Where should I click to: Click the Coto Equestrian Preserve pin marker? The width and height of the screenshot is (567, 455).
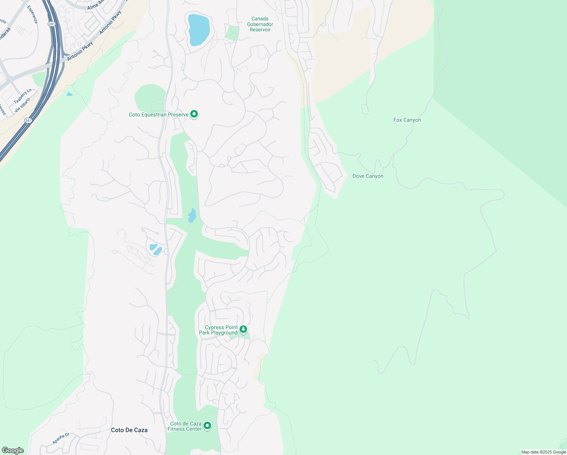(194, 114)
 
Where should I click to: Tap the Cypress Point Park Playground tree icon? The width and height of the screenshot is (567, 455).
(243, 329)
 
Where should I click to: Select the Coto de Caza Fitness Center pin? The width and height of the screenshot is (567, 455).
(207, 426)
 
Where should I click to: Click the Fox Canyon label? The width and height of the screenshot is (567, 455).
(407, 120)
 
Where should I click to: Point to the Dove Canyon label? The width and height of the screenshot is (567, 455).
(368, 176)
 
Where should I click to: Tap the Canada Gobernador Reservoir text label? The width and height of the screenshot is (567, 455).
(260, 24)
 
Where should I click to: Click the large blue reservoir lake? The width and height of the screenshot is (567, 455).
(198, 30)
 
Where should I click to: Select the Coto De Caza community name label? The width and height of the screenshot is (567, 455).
(129, 430)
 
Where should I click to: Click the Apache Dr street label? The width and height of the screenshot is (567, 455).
(61, 438)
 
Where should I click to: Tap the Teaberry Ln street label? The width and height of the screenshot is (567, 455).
(23, 96)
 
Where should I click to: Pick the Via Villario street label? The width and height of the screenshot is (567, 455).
(22, 105)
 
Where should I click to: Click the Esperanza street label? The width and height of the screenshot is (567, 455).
(33, 14)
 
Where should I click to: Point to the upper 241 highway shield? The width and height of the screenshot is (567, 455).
(52, 24)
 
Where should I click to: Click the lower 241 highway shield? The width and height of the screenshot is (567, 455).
(28, 120)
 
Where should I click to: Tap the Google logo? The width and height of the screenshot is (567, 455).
(13, 450)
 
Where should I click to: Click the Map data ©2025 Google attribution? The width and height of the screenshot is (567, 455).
(544, 452)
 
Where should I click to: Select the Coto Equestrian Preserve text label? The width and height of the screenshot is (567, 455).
(158, 115)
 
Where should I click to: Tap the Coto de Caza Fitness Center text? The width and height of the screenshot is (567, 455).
(186, 426)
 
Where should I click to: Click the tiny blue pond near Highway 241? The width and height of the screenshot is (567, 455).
(69, 94)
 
